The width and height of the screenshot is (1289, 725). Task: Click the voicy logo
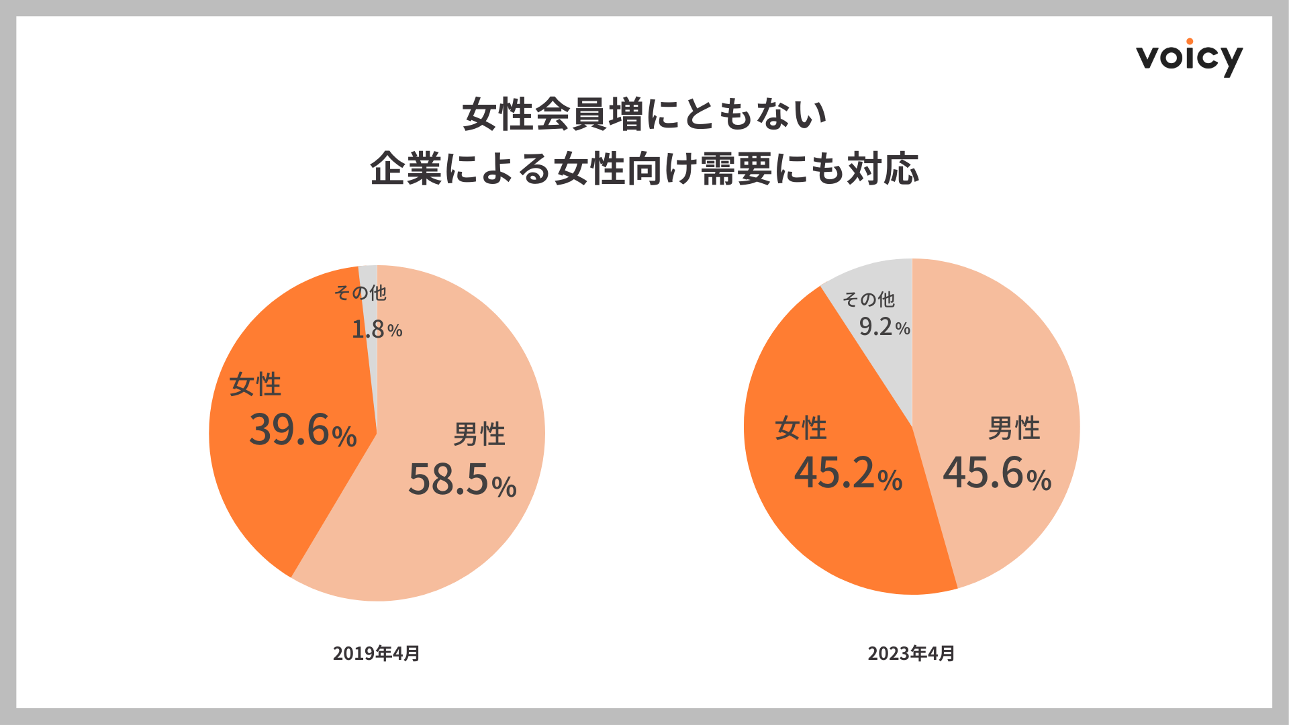(x=1189, y=58)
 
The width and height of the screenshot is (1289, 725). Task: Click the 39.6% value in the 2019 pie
(x=303, y=430)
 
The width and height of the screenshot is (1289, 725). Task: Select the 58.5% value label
(x=462, y=479)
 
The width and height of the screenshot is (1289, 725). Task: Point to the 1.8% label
(x=377, y=329)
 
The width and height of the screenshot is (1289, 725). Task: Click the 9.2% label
(x=884, y=327)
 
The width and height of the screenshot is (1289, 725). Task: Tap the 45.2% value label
(x=848, y=473)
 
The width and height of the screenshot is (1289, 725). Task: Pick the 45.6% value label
(x=997, y=473)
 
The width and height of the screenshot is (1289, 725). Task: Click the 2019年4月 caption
(x=376, y=653)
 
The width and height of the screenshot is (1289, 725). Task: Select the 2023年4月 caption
(x=911, y=653)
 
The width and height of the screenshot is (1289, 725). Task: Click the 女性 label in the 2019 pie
(x=255, y=385)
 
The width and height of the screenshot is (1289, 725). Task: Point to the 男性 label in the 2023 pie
(x=1014, y=428)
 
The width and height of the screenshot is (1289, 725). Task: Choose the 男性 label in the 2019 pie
(x=479, y=434)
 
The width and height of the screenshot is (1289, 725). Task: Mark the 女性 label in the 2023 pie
(x=800, y=428)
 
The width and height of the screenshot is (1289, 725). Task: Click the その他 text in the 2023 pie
(x=869, y=299)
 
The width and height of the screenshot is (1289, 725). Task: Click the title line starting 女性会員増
(x=644, y=114)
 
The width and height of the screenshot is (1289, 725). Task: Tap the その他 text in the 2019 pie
(x=361, y=293)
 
